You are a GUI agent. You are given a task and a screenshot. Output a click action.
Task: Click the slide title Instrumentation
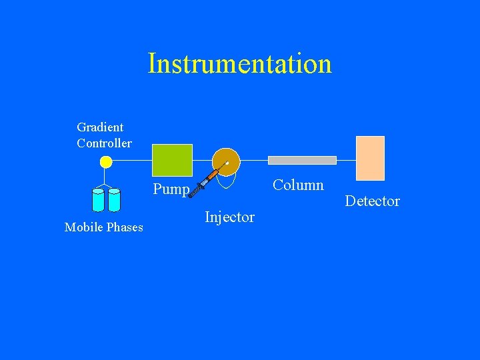pos(239,64)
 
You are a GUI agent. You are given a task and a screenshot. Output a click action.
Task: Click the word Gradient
pos(100,127)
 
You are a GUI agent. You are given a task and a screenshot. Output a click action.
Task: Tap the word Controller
pos(104,143)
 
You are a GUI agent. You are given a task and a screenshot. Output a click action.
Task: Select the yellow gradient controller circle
pos(105,161)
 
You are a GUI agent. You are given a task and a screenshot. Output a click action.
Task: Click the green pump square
pos(173,160)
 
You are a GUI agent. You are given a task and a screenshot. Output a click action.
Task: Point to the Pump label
pos(171,189)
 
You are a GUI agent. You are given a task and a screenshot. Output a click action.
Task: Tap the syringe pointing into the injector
pos(204,182)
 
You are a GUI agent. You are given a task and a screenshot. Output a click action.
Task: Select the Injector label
pos(229,217)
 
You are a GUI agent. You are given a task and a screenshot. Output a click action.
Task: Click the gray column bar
pos(302,160)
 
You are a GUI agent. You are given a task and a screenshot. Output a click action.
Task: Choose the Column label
pos(298,185)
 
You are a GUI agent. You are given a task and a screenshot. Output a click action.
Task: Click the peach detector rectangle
pos(370,158)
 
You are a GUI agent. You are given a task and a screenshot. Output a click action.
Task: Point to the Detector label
pos(372,201)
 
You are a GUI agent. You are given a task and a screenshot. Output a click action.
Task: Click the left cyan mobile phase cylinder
pos(99,199)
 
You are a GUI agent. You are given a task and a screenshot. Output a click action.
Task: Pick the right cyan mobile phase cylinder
pos(114,199)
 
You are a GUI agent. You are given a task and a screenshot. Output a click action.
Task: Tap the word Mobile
pos(83,227)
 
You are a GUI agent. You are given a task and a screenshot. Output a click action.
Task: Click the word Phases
pos(124,227)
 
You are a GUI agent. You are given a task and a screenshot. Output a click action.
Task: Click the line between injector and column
pos(254,161)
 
